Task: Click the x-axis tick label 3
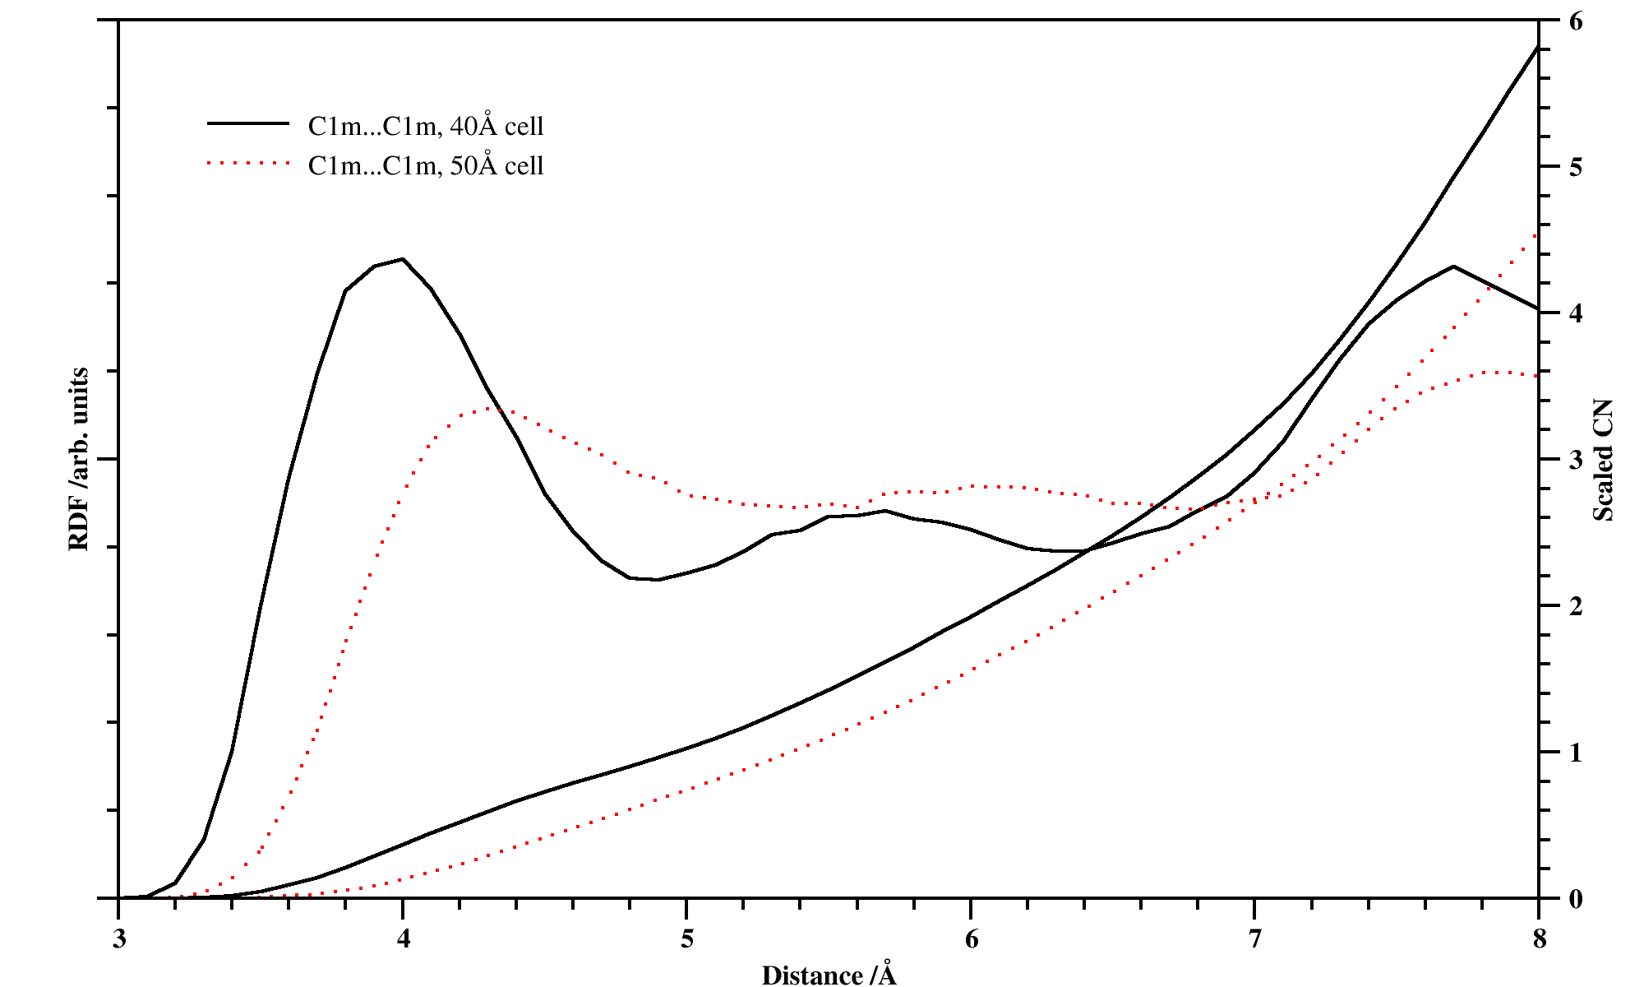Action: click(119, 939)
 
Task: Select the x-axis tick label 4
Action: click(403, 939)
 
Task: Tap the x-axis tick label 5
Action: click(687, 939)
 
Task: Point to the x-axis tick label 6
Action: click(971, 939)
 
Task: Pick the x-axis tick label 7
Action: click(1254, 939)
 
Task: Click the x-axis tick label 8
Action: click(1539, 939)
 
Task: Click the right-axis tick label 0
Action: click(1575, 899)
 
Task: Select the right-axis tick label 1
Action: click(1575, 753)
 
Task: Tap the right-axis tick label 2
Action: click(1575, 606)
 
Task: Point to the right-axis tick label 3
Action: click(1575, 460)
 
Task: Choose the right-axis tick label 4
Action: click(1575, 313)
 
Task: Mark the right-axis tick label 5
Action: click(1575, 167)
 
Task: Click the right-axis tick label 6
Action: click(1575, 21)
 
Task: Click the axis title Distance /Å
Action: click(829, 975)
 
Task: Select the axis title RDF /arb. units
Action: click(79, 459)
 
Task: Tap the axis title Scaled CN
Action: click(1603, 461)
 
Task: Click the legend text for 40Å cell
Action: click(426, 126)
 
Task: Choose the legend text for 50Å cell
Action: click(426, 165)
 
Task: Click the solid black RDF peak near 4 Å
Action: click(402, 259)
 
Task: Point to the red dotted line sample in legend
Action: click(249, 164)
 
